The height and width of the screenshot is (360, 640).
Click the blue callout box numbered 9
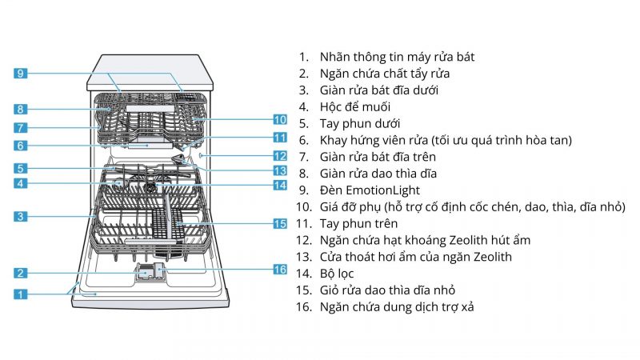(x=22, y=74)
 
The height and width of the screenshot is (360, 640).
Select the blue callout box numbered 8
(x=22, y=109)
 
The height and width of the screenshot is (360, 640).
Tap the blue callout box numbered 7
(x=22, y=127)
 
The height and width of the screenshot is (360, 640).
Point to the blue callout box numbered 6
(x=22, y=146)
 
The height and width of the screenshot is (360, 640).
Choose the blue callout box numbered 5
(x=22, y=169)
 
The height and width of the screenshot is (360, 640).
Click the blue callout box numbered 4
(x=22, y=183)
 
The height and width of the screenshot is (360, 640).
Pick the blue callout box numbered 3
(x=22, y=216)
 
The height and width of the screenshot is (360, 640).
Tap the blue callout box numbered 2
(x=22, y=273)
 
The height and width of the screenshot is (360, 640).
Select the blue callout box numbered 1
(x=22, y=294)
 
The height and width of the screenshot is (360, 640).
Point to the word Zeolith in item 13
(x=490, y=257)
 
